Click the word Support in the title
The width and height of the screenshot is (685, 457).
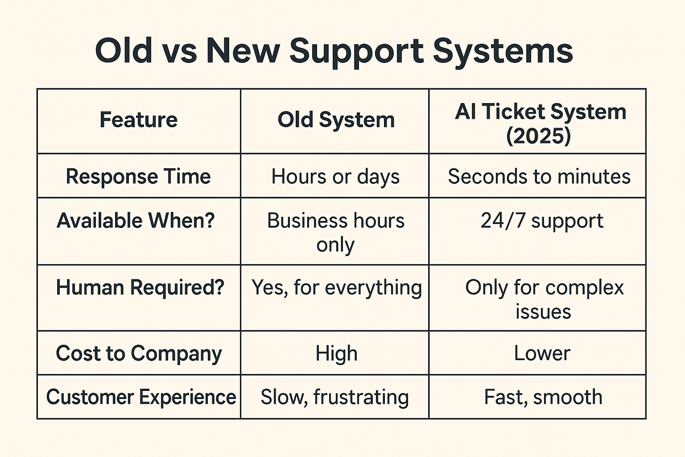tap(356, 53)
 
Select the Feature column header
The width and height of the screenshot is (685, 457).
tap(139, 120)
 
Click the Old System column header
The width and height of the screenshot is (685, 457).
tap(336, 120)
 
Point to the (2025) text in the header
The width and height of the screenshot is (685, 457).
tap(539, 136)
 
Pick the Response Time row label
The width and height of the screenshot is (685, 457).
tap(138, 177)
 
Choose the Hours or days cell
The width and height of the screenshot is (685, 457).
tap(335, 177)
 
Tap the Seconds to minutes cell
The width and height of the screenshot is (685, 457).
tap(539, 177)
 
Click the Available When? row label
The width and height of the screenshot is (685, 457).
tap(136, 220)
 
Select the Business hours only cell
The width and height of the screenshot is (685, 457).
tap(335, 232)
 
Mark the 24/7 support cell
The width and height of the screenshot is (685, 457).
tap(542, 221)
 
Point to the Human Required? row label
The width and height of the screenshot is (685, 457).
tap(140, 288)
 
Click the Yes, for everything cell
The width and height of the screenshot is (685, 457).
tap(336, 288)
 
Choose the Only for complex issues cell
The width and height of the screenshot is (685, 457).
tap(545, 299)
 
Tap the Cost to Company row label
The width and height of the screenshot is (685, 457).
tap(139, 354)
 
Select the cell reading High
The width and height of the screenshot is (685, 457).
tap(336, 354)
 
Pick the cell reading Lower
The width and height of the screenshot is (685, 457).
tap(542, 353)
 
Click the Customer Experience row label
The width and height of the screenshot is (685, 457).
tap(141, 397)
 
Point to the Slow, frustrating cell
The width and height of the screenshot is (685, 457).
tap(334, 397)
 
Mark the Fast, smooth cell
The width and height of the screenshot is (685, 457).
tap(543, 397)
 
